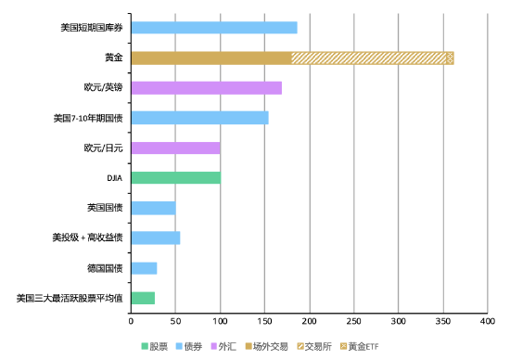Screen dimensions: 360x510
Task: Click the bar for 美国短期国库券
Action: (213, 28)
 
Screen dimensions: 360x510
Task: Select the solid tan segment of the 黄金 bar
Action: (210, 58)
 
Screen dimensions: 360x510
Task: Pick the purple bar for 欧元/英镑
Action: (206, 88)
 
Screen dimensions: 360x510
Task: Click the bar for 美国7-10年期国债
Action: (199, 118)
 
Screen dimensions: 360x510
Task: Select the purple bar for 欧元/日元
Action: (175, 148)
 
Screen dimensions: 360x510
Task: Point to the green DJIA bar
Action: (175, 177)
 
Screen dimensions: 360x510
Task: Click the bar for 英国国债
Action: (153, 208)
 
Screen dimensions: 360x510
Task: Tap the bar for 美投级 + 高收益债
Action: (155, 238)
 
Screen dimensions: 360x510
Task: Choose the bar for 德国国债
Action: (144, 268)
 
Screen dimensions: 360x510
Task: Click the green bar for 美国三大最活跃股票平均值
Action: (143, 298)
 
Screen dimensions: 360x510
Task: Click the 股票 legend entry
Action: (157, 346)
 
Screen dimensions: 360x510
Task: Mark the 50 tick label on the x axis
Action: (175, 321)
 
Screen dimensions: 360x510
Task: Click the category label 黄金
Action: (116, 58)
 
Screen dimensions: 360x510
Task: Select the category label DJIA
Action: (115, 177)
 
